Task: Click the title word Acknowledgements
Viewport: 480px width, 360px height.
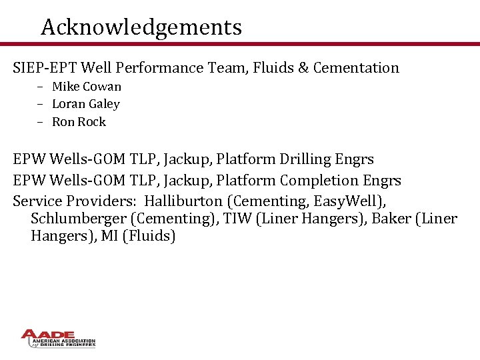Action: point(141,27)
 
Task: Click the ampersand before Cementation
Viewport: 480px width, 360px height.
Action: point(300,67)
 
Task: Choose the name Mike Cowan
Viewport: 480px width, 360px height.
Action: point(87,87)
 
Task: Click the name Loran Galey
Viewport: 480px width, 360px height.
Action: point(86,104)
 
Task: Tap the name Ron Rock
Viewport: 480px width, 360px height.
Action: point(79,122)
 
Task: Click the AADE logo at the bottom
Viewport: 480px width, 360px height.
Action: point(58,338)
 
